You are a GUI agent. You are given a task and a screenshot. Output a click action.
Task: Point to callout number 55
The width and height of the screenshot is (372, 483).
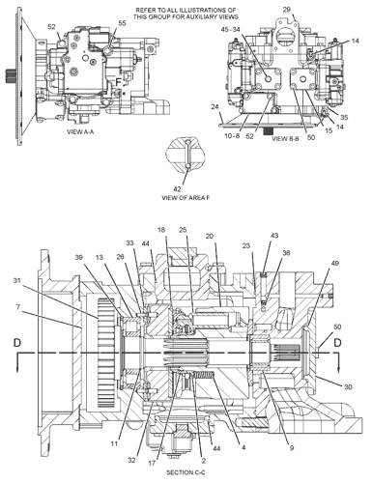click(x=121, y=21)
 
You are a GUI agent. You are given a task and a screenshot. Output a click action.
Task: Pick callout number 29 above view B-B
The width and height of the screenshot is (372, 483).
click(x=285, y=9)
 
